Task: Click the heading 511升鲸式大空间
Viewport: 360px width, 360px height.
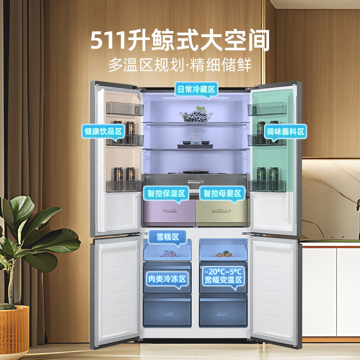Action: [x=180, y=40]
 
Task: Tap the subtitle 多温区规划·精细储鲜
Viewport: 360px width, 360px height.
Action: [x=180, y=64]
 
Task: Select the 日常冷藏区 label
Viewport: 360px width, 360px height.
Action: [x=196, y=90]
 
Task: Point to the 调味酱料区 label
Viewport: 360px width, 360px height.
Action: [x=285, y=131]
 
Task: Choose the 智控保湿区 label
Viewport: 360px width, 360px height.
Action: [x=166, y=193]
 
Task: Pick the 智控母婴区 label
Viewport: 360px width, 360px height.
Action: [x=222, y=193]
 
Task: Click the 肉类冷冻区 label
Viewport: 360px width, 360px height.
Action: [x=167, y=279]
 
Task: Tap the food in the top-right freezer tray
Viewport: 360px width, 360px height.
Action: [x=224, y=254]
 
